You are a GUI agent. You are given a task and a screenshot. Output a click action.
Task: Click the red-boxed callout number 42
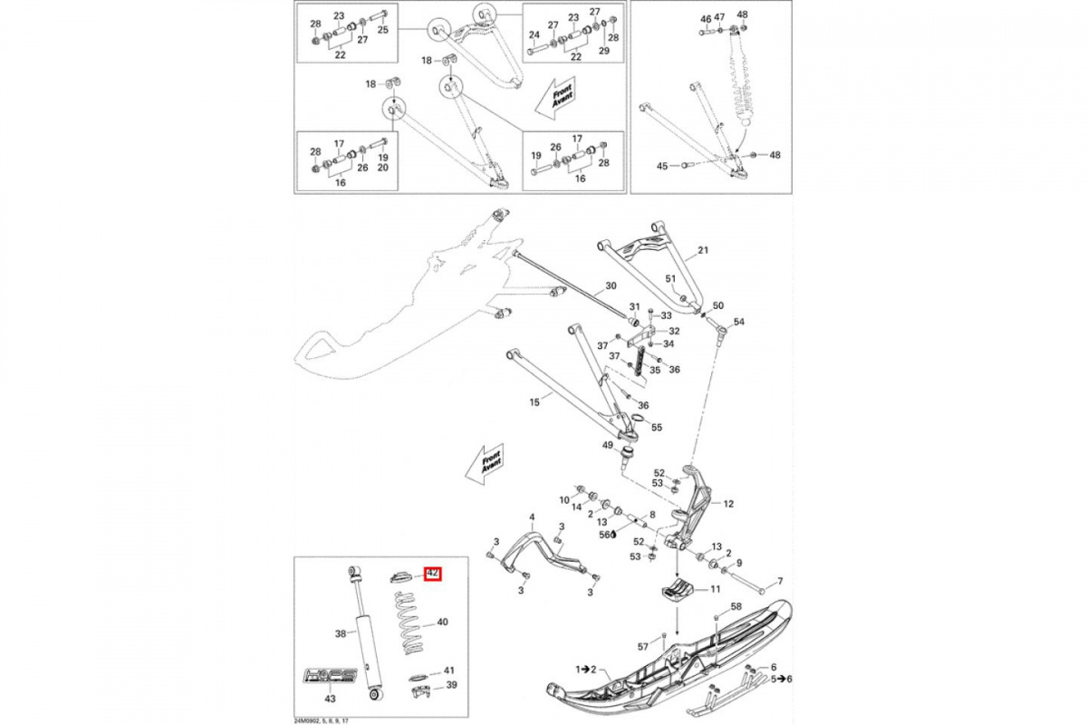[433, 574]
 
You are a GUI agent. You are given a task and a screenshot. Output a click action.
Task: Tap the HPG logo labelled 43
[330, 674]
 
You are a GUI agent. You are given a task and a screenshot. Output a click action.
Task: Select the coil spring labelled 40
[411, 623]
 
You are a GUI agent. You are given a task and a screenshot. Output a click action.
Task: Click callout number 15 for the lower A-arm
[534, 400]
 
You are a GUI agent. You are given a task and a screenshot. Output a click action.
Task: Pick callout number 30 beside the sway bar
[611, 286]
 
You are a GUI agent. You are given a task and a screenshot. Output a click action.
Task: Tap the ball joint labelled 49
[625, 451]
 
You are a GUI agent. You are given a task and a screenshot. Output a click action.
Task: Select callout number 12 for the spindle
[727, 503]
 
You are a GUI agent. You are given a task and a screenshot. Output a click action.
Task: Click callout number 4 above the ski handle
[533, 517]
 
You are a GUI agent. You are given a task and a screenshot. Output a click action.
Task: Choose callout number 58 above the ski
[736, 605]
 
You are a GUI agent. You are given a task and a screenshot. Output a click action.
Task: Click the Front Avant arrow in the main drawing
[483, 466]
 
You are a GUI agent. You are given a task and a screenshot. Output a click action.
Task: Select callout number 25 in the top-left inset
[382, 30]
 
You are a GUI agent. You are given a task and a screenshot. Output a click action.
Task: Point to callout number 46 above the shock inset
[705, 17]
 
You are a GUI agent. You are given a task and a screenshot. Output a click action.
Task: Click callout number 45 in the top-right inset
[662, 166]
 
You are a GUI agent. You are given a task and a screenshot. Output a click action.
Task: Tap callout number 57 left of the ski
[643, 646]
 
